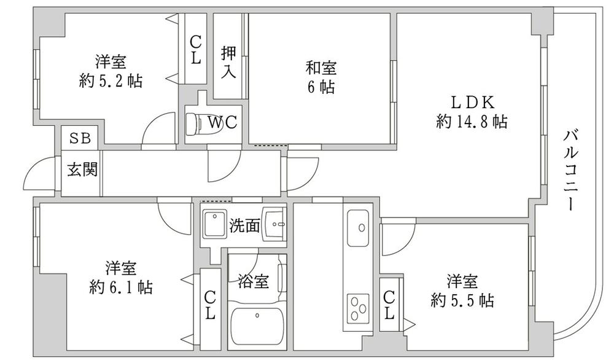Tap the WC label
coord(222,122)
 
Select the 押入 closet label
coord(228,61)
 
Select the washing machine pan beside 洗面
coord(214,224)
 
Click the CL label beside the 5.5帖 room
coord(389,305)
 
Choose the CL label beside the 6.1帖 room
coord(210,305)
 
